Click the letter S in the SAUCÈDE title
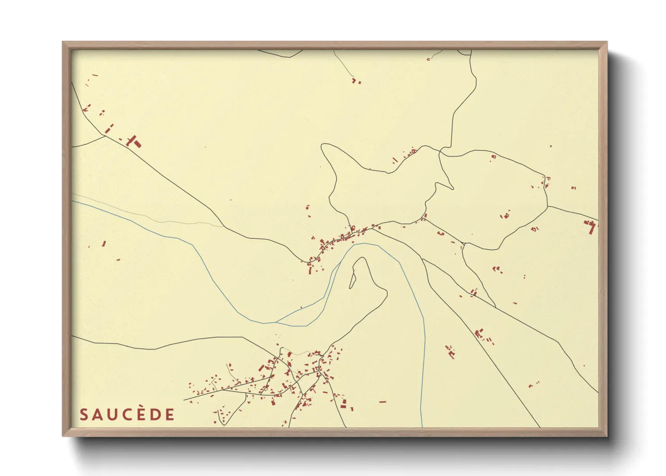(x=84, y=415)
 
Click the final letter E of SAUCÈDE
(x=170, y=415)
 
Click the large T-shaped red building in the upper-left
(x=133, y=141)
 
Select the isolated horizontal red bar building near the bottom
(x=382, y=401)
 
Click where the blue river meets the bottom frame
(x=422, y=427)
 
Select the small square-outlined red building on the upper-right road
(x=494, y=157)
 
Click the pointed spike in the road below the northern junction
(x=452, y=188)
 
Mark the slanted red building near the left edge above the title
(x=104, y=243)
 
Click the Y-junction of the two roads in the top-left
(x=106, y=135)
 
